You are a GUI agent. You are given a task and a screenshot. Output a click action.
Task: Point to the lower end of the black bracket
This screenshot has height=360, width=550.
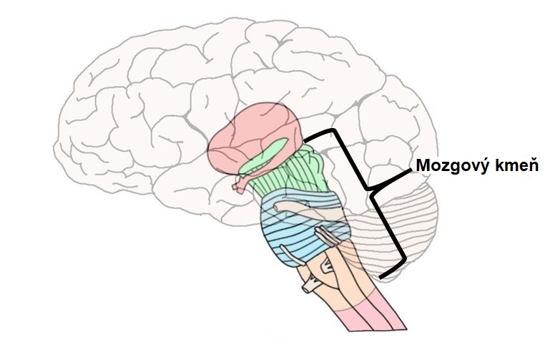point(382,275)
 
